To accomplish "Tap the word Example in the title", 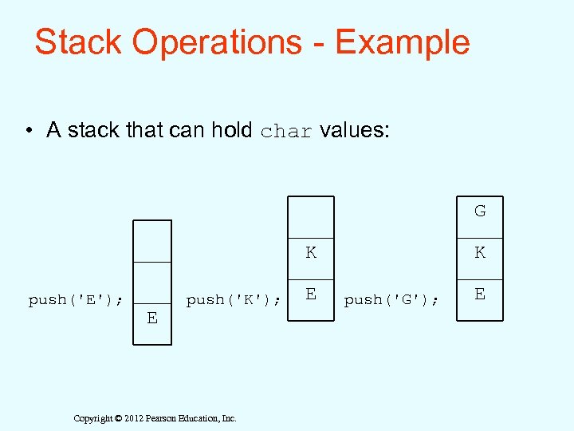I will click(403, 42).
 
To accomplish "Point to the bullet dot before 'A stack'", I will click(28, 131).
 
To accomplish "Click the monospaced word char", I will click(287, 132).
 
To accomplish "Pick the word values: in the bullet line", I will click(355, 130).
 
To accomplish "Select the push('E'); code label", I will click(76, 300).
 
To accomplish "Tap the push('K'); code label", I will click(233, 300).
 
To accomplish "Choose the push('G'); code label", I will click(391, 300).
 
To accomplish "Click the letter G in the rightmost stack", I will click(480, 212).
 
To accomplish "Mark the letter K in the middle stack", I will click(311, 253).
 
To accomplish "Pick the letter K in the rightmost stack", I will click(480, 253).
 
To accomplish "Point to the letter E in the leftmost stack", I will click(151, 318).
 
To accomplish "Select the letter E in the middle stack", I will click(311, 294).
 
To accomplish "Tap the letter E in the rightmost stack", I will click(480, 294).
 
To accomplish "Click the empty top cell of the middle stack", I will click(311, 217).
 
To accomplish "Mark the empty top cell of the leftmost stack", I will click(151, 241).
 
